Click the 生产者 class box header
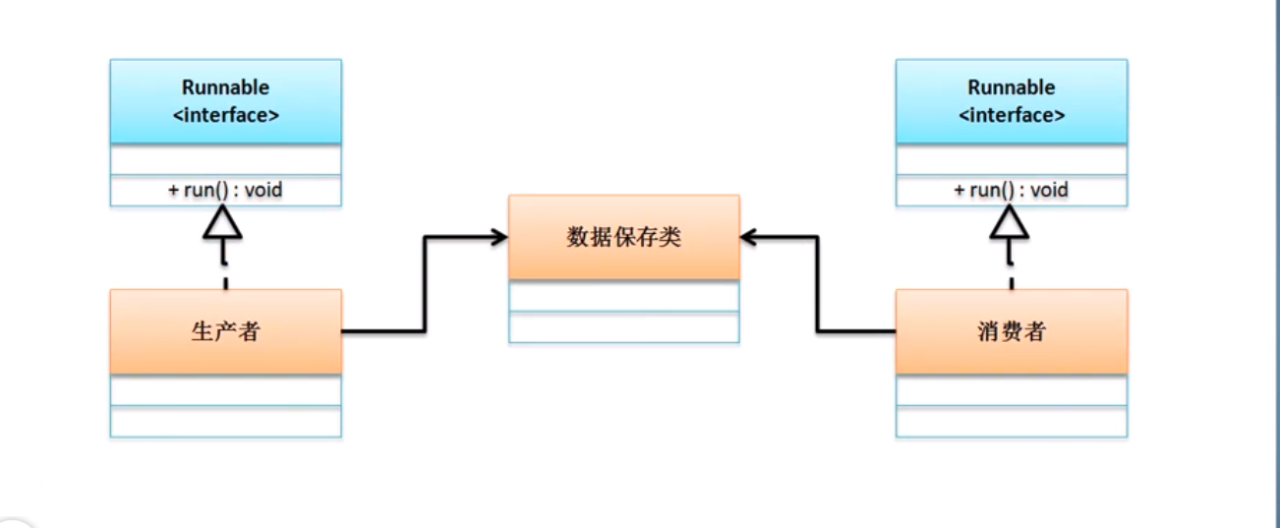click(x=225, y=331)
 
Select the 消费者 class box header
click(x=1011, y=331)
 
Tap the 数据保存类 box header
click(x=623, y=237)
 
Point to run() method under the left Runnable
click(x=225, y=190)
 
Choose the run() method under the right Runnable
click(x=1011, y=190)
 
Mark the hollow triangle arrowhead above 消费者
click(x=1010, y=225)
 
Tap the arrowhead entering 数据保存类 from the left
click(x=497, y=237)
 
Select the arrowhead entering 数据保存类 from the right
click(x=750, y=237)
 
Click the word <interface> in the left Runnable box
click(x=225, y=115)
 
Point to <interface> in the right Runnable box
click(x=1011, y=115)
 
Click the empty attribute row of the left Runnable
click(x=225, y=159)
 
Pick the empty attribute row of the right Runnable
click(x=1011, y=159)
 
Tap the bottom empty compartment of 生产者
click(x=225, y=422)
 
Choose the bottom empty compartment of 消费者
click(x=1011, y=422)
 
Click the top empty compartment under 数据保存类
click(x=623, y=296)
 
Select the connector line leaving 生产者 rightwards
click(x=383, y=331)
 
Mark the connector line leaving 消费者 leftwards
click(x=855, y=331)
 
